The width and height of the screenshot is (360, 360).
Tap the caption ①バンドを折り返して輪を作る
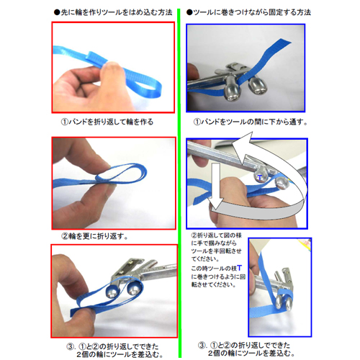(x=111, y=122)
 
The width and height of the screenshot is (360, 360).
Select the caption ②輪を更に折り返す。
(x=98, y=235)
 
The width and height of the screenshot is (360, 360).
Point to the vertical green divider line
(x=180, y=180)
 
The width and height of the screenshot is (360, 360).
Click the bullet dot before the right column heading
(x=189, y=13)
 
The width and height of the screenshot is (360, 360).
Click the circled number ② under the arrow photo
(x=194, y=235)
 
